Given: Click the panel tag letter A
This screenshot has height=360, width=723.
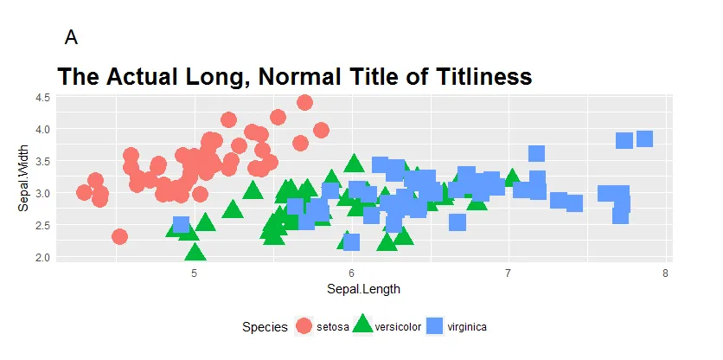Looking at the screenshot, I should click(71, 37).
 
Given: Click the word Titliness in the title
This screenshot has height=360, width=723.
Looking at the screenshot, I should click(470, 76).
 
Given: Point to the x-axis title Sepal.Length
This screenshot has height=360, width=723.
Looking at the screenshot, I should click(363, 289).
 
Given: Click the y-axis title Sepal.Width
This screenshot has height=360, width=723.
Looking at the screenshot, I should click(24, 179).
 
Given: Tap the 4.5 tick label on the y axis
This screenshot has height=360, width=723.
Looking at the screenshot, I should click(42, 98).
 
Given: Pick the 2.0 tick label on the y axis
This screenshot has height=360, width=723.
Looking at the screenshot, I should click(42, 257).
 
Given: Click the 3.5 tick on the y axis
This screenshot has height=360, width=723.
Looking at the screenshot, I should click(42, 161).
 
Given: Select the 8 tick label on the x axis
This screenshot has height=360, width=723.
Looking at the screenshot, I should click(665, 274).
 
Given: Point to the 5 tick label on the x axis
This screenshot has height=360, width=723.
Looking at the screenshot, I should click(194, 274).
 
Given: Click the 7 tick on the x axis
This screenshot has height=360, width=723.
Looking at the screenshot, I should click(509, 274).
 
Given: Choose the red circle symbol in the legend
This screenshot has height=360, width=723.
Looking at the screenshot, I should click(304, 326).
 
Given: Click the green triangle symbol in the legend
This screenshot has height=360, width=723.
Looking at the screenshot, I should click(363, 325).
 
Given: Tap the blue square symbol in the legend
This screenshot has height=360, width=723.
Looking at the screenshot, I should click(437, 326).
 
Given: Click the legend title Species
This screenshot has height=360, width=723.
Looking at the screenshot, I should click(265, 327).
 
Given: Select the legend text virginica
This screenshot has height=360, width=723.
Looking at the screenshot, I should click(467, 327).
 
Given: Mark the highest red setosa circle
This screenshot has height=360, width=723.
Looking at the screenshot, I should click(304, 102).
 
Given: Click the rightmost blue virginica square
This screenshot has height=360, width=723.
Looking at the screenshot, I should click(644, 138).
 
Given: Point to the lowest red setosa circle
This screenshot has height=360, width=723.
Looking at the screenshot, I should click(119, 236).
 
